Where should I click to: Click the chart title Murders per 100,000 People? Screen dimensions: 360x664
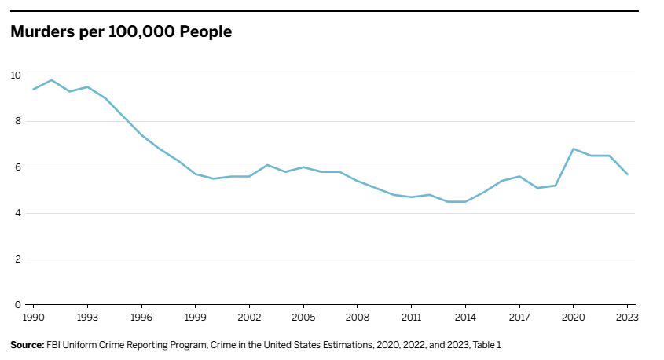(120, 32)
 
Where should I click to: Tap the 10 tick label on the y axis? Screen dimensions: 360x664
(15, 75)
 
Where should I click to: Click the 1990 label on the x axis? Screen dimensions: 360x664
(33, 318)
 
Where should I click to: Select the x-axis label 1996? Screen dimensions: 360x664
(141, 318)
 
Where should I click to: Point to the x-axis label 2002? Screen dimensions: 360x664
(249, 318)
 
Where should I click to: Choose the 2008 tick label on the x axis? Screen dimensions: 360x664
(358, 318)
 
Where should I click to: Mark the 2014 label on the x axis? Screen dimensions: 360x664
(466, 318)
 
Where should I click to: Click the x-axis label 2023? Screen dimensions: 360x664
(627, 318)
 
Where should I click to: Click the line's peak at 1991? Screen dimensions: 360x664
(51, 80)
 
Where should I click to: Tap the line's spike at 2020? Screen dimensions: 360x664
(574, 149)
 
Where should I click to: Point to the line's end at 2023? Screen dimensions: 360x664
(627, 174)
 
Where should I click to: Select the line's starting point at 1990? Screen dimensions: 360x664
(33, 89)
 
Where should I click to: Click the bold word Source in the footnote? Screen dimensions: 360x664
(27, 345)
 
